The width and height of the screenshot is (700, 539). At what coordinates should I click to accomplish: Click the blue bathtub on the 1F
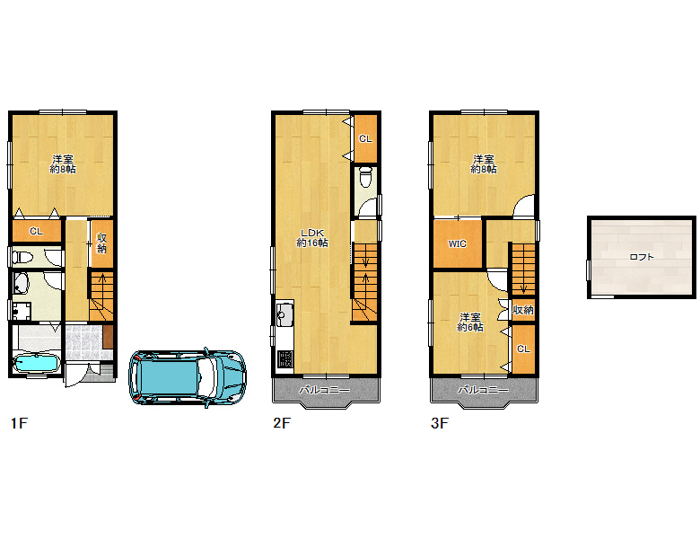37,362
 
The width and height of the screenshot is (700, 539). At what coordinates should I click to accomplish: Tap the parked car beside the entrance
188,377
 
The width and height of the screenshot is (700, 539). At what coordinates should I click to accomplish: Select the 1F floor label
19,423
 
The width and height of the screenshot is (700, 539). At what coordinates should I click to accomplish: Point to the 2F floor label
282,423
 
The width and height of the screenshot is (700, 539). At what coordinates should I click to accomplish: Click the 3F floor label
439,423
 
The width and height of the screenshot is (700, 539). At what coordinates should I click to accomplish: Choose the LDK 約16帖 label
312,238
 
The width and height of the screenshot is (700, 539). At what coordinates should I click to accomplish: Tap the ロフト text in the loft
642,257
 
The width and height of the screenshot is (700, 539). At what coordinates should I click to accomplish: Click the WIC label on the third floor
457,244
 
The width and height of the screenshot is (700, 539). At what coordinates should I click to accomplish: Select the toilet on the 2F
365,177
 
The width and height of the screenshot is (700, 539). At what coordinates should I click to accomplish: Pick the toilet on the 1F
24,258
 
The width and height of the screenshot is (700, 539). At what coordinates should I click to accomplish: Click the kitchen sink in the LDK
284,314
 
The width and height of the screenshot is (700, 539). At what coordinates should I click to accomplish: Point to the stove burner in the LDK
284,359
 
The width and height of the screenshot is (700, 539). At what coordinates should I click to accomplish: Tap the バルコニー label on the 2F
324,390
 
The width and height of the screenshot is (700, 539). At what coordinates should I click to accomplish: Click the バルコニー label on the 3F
483,390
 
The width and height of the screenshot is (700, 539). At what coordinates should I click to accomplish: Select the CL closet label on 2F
365,139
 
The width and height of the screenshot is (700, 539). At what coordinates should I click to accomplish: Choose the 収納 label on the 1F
101,243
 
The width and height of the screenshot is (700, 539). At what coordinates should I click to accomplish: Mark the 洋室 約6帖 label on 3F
470,323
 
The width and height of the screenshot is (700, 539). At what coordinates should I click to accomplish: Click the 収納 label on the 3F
523,310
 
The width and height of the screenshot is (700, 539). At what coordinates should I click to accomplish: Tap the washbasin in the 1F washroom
21,283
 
